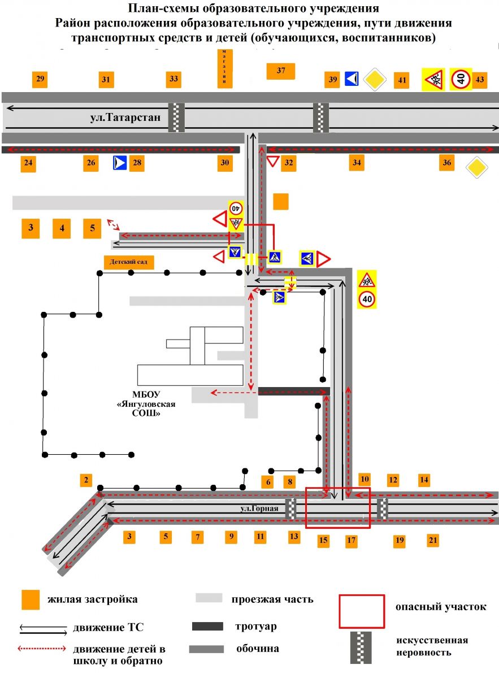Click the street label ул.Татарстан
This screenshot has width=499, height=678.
[125, 118]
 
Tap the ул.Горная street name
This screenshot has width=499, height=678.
[259, 508]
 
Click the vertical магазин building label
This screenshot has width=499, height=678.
[225, 67]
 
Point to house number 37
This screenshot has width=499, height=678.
[281, 71]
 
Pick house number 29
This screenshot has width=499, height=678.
[40, 79]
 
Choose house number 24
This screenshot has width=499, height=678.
[28, 164]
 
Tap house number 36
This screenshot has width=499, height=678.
[447, 163]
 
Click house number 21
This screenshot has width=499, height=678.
[433, 541]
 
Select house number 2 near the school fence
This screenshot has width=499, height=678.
[86, 481]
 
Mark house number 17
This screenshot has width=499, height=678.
[352, 541]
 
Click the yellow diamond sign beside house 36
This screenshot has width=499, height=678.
[476, 168]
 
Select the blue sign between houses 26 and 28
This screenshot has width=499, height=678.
[120, 164]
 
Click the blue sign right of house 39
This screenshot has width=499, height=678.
[352, 79]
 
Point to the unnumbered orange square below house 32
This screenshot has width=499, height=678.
[280, 202]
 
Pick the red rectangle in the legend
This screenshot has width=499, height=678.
[362, 611]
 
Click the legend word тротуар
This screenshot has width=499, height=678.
[255, 627]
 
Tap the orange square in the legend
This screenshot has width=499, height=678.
[30, 600]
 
